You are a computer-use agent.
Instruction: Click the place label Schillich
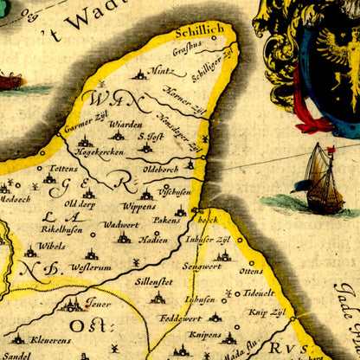199,29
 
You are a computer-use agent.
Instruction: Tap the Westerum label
87,267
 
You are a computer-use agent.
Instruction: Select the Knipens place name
204,333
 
